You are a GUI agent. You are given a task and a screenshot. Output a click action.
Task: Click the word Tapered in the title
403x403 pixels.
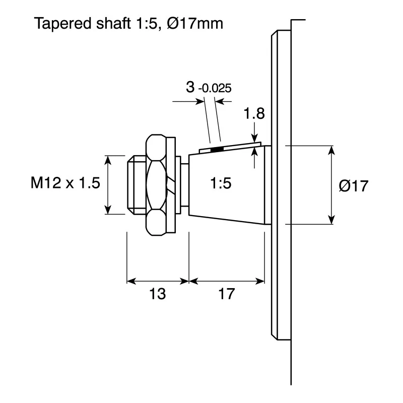(x=63, y=24)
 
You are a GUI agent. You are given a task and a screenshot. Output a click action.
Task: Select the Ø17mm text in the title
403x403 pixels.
(x=195, y=23)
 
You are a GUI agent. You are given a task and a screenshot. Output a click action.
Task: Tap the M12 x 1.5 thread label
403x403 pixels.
(x=65, y=183)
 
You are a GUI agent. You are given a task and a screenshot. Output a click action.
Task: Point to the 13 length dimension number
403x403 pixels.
(x=157, y=294)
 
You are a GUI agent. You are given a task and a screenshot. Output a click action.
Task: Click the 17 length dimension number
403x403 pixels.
(x=226, y=294)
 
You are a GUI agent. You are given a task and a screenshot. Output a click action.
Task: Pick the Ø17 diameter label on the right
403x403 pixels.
(x=354, y=185)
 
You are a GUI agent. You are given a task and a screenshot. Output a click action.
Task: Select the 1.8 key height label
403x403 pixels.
(x=254, y=114)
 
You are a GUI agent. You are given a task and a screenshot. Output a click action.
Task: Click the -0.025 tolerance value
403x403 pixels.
(x=215, y=88)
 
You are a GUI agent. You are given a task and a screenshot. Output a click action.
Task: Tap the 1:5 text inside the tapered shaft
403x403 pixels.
(x=221, y=183)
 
